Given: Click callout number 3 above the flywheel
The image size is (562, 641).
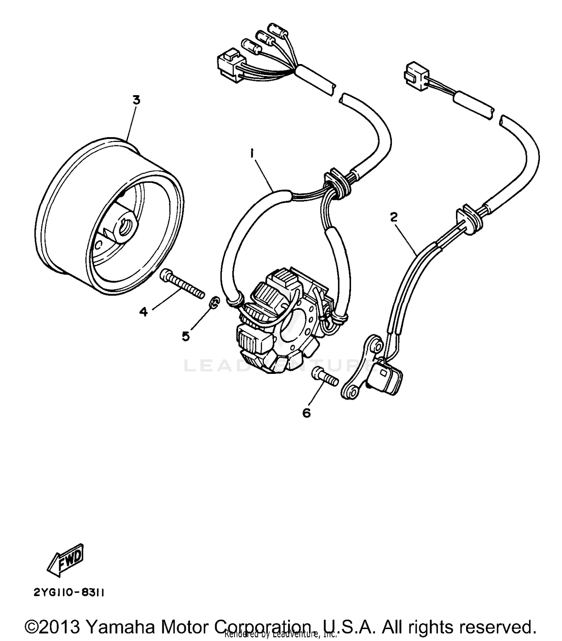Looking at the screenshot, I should tap(136, 100).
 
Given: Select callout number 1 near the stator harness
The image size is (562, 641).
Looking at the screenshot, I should tap(253, 154).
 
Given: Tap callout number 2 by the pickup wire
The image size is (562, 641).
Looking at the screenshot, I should tap(393, 217).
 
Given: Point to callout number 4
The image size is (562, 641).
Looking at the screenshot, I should tap(144, 311).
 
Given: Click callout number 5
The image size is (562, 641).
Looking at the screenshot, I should tap(186, 336).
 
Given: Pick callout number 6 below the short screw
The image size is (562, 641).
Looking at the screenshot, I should tap(306, 413).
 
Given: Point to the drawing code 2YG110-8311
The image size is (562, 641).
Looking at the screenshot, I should tap(69, 593).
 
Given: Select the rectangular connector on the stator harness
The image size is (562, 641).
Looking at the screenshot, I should tap(229, 64).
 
